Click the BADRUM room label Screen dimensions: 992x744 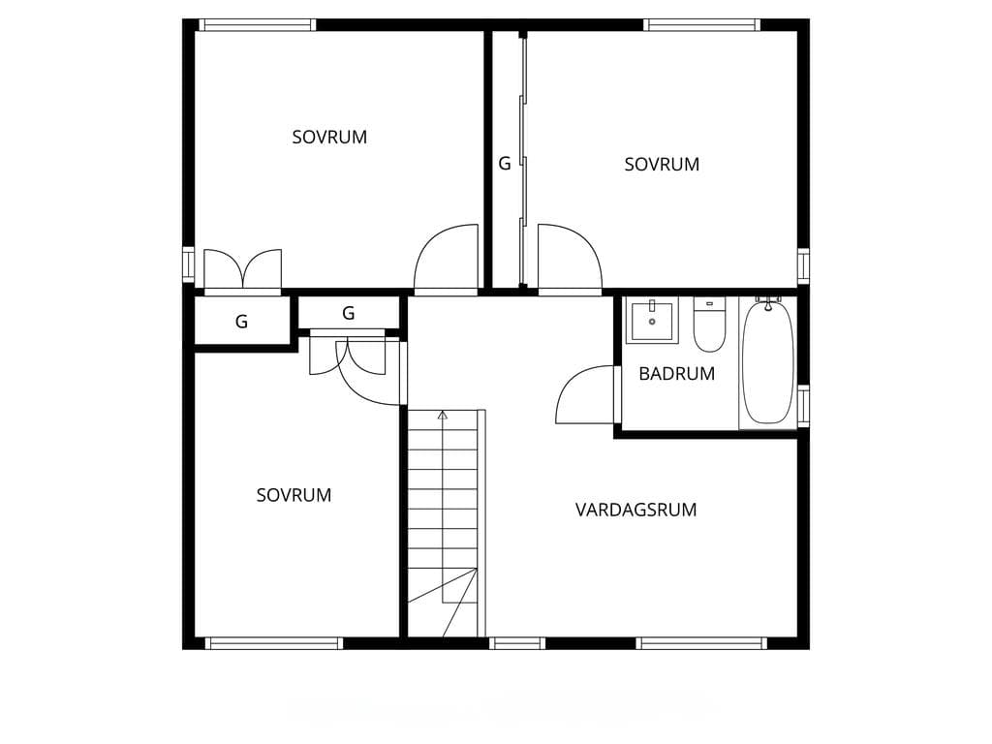tap(676, 374)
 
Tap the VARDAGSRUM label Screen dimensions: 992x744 tap(635, 510)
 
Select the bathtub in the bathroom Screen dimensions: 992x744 tap(767, 363)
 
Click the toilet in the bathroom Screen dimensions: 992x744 tap(709, 325)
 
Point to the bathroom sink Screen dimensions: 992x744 tap(652, 320)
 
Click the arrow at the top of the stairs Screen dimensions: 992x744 tap(443, 415)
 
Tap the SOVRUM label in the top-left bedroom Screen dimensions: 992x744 tap(329, 138)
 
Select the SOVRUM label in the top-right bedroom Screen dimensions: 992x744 tap(662, 165)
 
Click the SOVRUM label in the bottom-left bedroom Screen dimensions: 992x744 tap(294, 495)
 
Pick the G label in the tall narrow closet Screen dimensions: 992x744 tap(504, 164)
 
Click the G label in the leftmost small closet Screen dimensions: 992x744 tap(241, 322)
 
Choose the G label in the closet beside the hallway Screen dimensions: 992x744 tap(348, 313)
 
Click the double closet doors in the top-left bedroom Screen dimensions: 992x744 tap(243, 270)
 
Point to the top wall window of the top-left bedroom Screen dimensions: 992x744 tap(258, 25)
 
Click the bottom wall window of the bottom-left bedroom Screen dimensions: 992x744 tap(274, 643)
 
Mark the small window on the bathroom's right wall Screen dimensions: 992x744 tap(803, 406)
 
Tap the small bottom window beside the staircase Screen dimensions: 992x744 tap(517, 643)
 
